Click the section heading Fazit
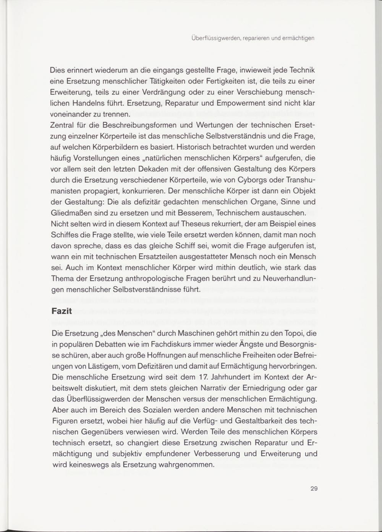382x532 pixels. click(61, 311)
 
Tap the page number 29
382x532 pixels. click(314, 488)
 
